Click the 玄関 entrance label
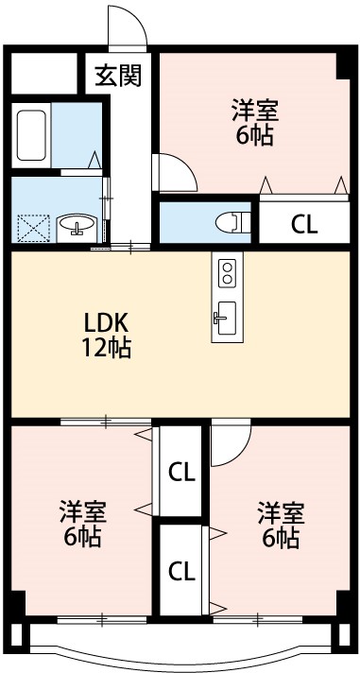pyautogui.click(x=118, y=75)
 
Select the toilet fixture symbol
pyautogui.click(x=230, y=221)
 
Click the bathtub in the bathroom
pyautogui.click(x=32, y=137)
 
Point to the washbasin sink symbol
pyautogui.click(x=76, y=226)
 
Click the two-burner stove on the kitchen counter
pyautogui.click(x=227, y=273)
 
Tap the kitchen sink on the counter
pyautogui.click(x=227, y=317)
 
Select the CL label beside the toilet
pyautogui.click(x=303, y=224)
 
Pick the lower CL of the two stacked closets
pyautogui.click(x=181, y=570)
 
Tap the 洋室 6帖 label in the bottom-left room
pyautogui.click(x=82, y=525)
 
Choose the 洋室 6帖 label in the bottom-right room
pyautogui.click(x=281, y=525)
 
